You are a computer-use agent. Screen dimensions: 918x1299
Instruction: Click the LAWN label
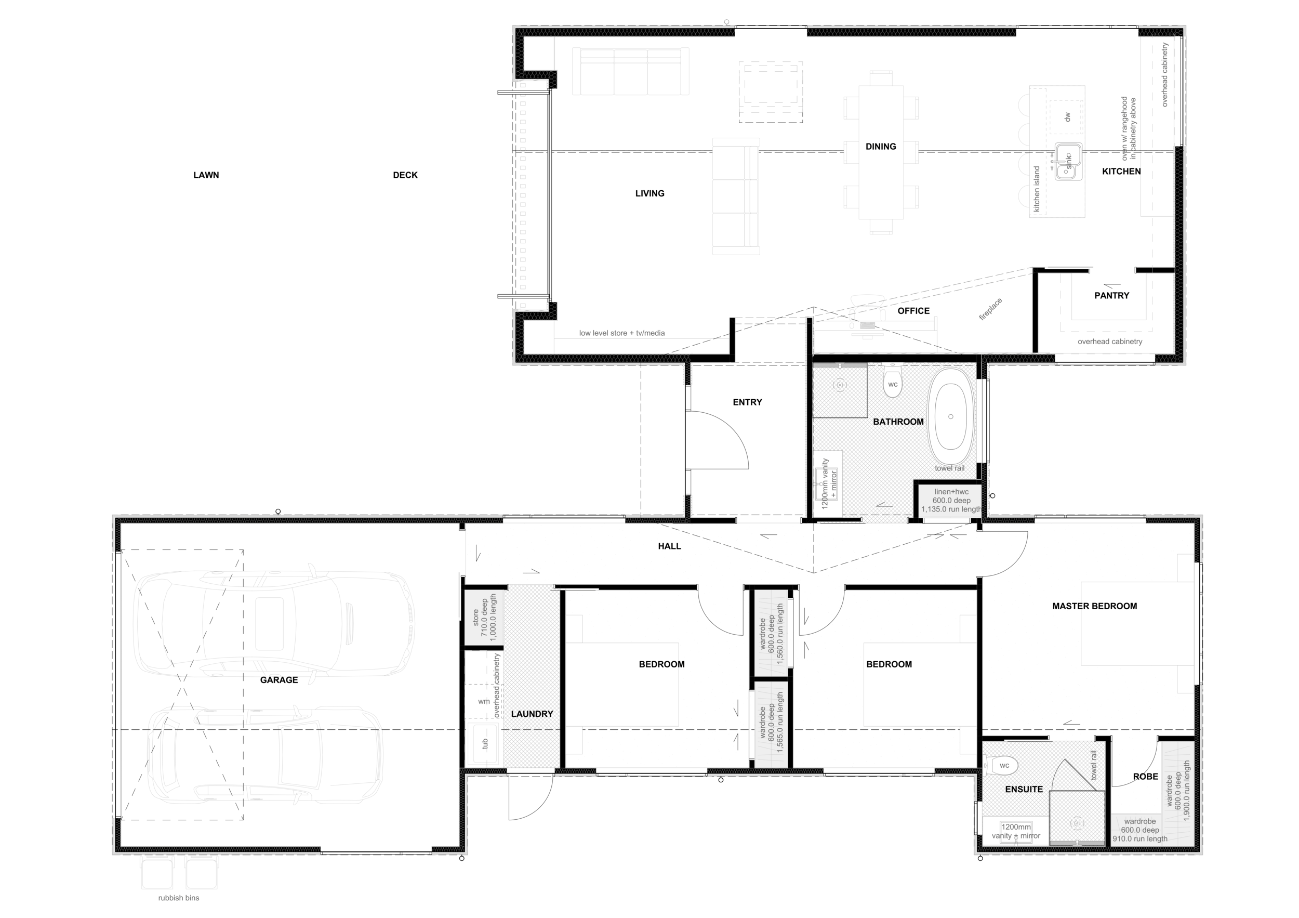click(206, 175)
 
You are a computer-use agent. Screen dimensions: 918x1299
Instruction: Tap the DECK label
click(405, 175)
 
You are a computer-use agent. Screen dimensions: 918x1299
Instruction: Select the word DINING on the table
click(880, 147)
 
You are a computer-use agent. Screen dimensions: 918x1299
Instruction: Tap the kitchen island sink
click(1068, 162)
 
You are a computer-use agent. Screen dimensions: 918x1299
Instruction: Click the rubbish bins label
click(178, 898)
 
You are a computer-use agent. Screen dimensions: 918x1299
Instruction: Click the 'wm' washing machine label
click(484, 701)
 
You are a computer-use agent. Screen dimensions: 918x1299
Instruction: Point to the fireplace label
click(991, 310)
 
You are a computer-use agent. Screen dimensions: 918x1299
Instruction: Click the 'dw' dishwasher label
click(1067, 117)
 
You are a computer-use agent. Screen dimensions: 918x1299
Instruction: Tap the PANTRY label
click(1111, 295)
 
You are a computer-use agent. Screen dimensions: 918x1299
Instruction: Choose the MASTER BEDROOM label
click(1094, 606)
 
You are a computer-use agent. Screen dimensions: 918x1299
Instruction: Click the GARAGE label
click(279, 680)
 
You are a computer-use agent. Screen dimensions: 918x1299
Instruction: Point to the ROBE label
click(1145, 777)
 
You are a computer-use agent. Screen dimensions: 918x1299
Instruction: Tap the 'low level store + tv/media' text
click(622, 333)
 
